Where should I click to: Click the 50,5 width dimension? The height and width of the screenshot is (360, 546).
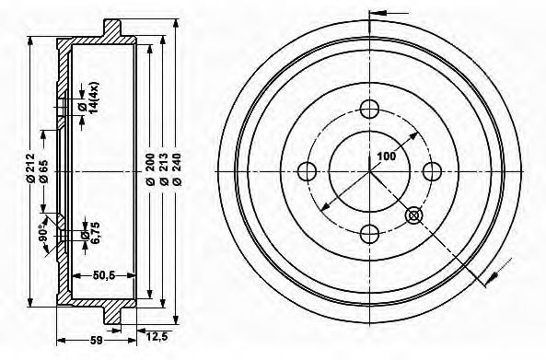(104, 275)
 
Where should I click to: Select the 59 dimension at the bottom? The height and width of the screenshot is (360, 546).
(96, 340)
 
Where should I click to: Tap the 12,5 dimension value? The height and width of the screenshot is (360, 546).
(157, 337)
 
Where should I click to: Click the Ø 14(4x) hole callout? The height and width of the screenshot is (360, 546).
(88, 98)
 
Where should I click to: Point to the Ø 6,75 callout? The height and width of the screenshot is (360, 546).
(90, 233)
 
